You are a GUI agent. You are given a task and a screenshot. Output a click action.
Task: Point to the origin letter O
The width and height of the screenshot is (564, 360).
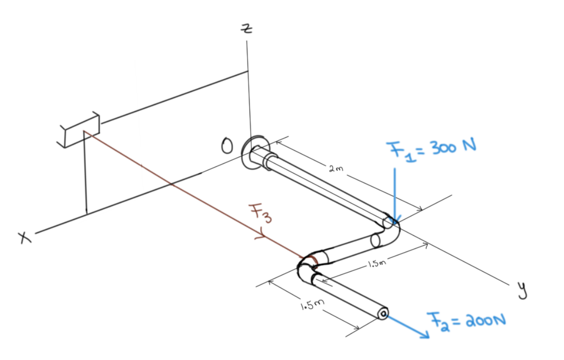[x=227, y=147]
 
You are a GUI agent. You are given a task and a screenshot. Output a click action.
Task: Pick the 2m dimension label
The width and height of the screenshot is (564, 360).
[x=335, y=170]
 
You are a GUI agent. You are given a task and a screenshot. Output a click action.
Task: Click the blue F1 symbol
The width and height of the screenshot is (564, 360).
[x=395, y=151]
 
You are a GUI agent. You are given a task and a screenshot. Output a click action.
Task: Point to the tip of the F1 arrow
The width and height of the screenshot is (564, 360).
[x=395, y=222]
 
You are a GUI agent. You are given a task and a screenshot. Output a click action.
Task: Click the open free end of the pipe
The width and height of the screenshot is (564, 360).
[x=383, y=314]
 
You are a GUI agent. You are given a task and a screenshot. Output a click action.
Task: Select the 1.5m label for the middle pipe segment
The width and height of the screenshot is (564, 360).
[x=376, y=265]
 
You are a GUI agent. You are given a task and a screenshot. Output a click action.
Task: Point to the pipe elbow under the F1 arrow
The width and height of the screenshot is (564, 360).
[x=391, y=227]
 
